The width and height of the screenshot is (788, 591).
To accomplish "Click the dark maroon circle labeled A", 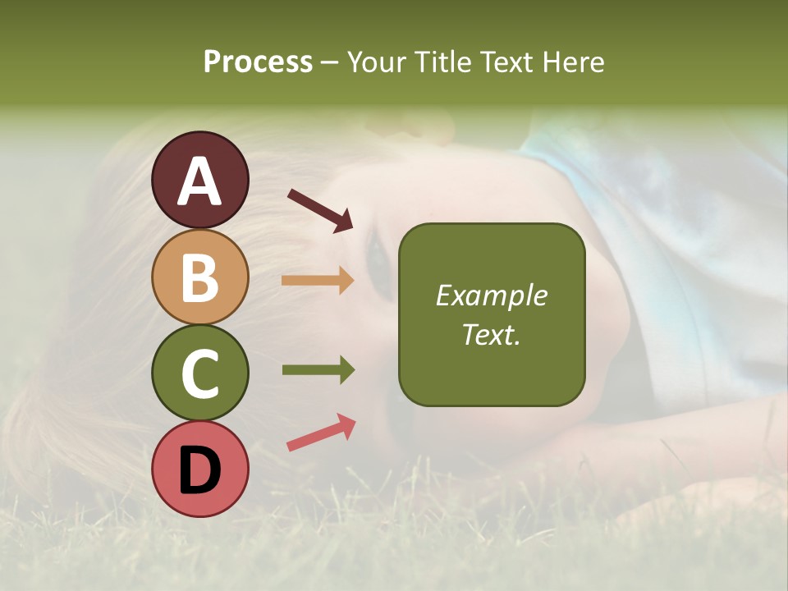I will tap(199, 180).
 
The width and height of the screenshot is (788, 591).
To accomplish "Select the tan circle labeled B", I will tap(199, 277).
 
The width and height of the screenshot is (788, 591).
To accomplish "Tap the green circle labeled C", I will tap(199, 372).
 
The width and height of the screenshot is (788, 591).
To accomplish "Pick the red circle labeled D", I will tap(199, 469).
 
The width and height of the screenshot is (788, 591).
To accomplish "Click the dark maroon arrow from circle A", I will tap(320, 210).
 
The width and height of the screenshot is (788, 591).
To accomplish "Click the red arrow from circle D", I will tap(321, 433).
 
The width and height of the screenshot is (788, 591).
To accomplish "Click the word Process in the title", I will tap(258, 62).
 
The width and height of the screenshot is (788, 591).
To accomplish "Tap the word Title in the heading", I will tap(442, 62).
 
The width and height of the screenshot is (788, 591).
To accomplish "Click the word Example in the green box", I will tap(491, 295).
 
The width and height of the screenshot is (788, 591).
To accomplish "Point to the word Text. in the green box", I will tap(491, 334).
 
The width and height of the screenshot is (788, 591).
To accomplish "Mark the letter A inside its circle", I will tap(199, 181).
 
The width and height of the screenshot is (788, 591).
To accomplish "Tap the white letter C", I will tap(199, 373).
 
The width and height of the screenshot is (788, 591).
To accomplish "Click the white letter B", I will tap(199, 277).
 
